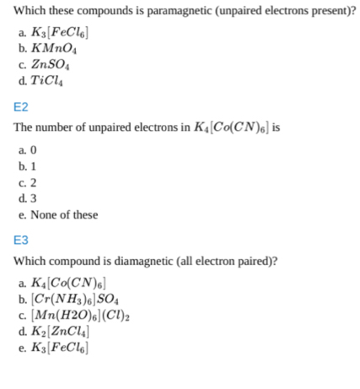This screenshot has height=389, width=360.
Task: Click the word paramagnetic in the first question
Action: click(164, 11)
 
